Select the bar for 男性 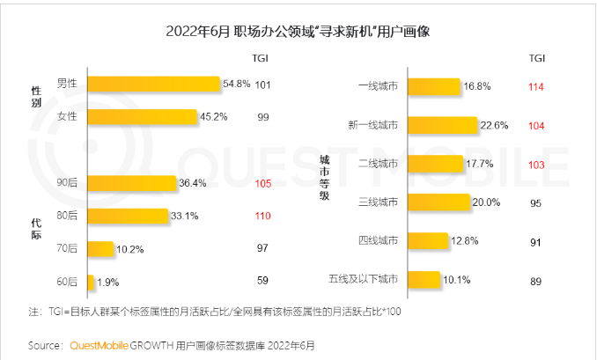[153, 84]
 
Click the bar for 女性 [142, 117]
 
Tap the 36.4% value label [192, 183]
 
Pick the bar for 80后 [127, 216]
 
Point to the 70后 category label [67, 249]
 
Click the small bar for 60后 [90, 282]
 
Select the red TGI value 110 [262, 216]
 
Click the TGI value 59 [262, 282]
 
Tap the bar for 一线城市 [432, 86]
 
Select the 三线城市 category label [379, 202]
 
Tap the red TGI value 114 [536, 86]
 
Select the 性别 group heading [36, 97]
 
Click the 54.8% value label [236, 84]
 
